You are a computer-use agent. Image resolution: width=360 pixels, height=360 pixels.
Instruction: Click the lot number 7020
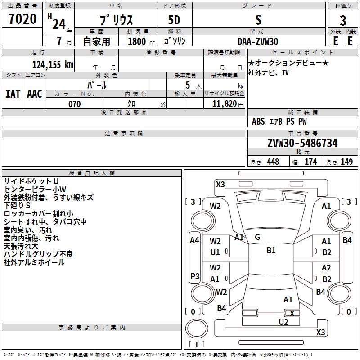[x=22, y=19]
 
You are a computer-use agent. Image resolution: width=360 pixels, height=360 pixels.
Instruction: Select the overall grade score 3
[x=343, y=21]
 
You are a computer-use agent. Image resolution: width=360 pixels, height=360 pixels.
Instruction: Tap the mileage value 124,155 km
[x=53, y=65]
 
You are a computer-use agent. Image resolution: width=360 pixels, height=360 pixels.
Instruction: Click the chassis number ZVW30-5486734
[x=302, y=143]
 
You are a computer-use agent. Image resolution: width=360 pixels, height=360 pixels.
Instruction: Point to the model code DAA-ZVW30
[x=258, y=41]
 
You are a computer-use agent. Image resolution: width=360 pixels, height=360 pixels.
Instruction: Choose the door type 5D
[x=174, y=20]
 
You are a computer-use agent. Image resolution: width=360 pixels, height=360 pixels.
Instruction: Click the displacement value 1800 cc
[x=141, y=41]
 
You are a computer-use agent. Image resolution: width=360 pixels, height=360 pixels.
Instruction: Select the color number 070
[x=75, y=104]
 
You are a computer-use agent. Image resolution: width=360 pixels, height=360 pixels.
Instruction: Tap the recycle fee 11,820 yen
[x=228, y=104]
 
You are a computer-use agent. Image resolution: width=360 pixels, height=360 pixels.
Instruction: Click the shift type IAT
[x=13, y=94]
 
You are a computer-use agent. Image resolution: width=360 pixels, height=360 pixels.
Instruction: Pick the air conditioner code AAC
[x=35, y=94]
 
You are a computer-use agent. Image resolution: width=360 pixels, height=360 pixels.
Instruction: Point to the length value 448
[x=273, y=162]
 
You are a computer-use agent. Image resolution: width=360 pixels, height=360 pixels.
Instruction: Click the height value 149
[x=346, y=162]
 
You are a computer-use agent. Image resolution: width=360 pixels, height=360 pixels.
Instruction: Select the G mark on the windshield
[x=257, y=237]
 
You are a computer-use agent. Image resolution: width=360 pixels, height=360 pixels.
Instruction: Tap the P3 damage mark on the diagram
[x=195, y=276]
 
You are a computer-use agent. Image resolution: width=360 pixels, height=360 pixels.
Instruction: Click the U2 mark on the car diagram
[x=283, y=322]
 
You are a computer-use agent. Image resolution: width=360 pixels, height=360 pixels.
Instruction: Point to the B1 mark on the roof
[x=271, y=251]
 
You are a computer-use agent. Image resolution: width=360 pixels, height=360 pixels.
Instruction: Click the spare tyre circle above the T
[x=197, y=328]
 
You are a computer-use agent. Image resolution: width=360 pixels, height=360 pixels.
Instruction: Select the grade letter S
[x=258, y=20]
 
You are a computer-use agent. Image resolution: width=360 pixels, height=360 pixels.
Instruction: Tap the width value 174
[x=311, y=162]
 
